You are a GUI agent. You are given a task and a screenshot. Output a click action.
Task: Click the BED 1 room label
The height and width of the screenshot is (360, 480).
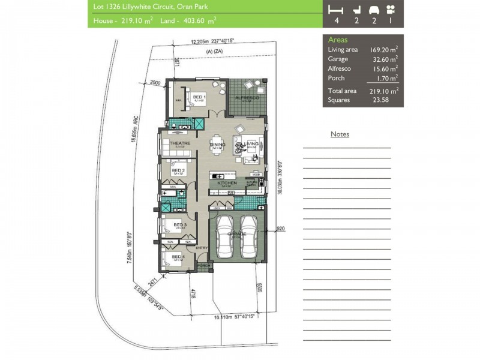tap(199, 97)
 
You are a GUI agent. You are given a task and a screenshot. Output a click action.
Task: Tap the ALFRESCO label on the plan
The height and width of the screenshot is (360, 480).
tap(246, 97)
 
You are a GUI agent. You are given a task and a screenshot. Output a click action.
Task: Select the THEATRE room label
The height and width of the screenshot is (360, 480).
tap(180, 143)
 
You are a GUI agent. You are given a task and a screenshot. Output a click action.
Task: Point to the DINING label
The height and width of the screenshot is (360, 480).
tap(218, 145)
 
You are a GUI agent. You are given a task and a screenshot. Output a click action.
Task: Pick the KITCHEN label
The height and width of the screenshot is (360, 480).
tap(227, 182)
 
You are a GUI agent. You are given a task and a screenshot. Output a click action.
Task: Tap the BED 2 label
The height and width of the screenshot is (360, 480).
tap(178, 170)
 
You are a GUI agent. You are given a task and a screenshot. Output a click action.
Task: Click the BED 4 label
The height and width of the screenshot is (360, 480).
tap(178, 257)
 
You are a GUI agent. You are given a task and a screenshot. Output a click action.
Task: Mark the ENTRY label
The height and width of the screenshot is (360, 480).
tap(201, 248)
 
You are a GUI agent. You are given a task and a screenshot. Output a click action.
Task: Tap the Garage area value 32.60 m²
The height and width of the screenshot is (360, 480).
tap(385, 59)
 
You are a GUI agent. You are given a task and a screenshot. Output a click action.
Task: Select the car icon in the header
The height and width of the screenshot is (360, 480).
tap(374, 10)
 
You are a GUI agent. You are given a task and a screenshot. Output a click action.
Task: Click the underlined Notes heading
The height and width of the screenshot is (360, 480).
tap(340, 134)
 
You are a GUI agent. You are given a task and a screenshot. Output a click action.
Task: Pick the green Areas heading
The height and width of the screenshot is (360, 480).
tap(337, 40)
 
